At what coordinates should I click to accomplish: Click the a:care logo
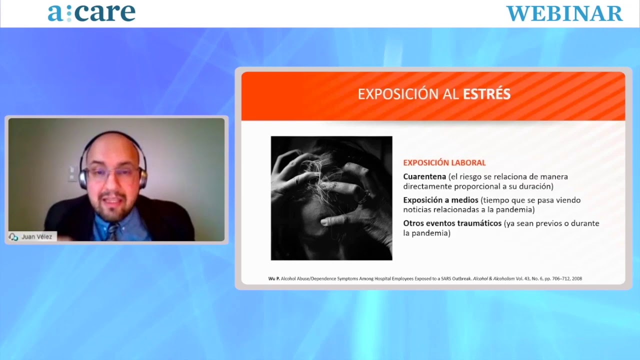(x=91, y=13)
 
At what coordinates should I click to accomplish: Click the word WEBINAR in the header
(x=564, y=13)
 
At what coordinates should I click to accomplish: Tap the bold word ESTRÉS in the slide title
(x=486, y=94)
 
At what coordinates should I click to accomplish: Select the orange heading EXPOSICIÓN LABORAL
(x=444, y=162)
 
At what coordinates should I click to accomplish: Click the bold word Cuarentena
(x=424, y=176)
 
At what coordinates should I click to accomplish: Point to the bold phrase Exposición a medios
(x=440, y=200)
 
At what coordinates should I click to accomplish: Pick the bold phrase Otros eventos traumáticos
(x=452, y=223)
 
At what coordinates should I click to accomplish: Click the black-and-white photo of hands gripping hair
(x=331, y=198)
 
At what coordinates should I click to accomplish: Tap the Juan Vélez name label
(x=37, y=236)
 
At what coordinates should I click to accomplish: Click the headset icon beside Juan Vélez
(x=13, y=237)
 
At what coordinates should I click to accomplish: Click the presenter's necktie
(x=113, y=231)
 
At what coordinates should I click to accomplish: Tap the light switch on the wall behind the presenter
(x=72, y=173)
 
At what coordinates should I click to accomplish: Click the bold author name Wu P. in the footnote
(x=273, y=278)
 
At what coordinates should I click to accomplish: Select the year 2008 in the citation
(x=577, y=278)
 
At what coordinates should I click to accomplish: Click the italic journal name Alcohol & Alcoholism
(x=493, y=278)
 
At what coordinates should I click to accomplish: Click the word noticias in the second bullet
(x=417, y=209)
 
